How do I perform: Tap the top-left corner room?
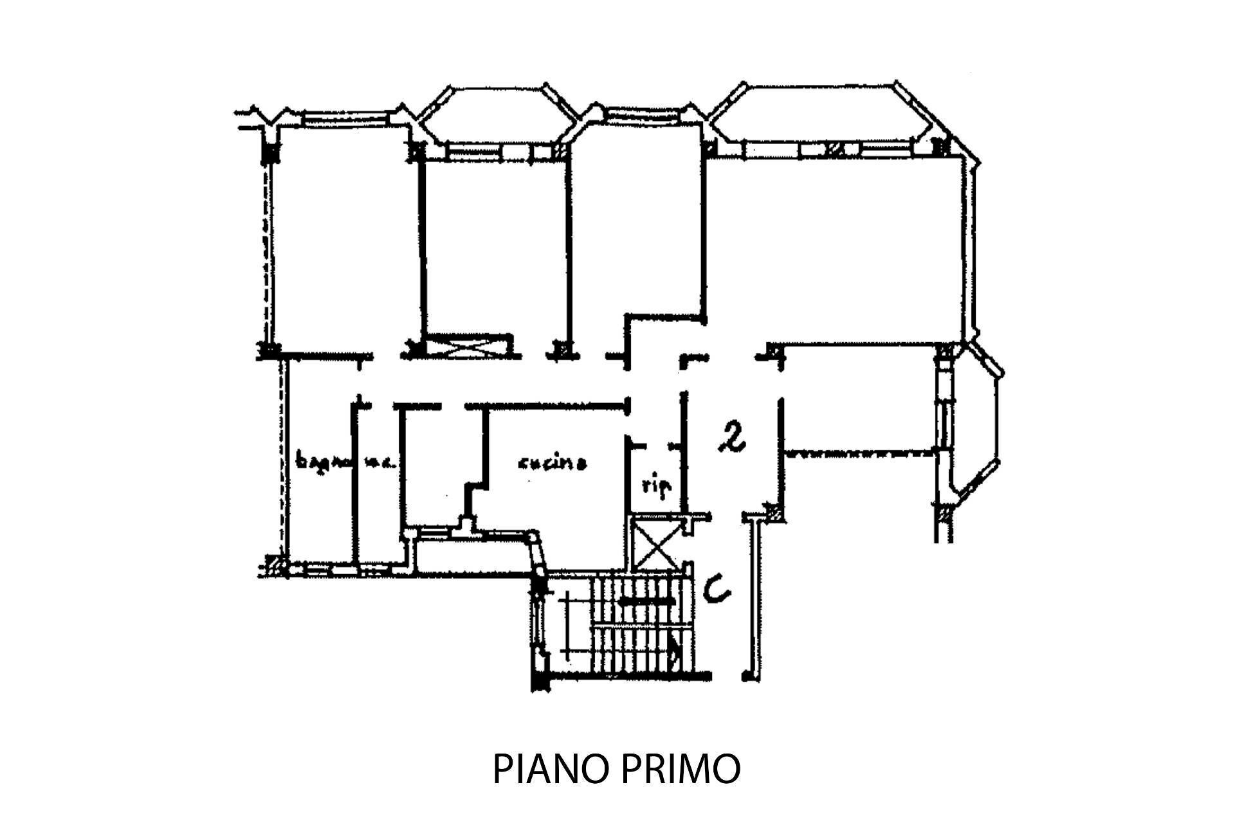[x=341, y=238]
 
